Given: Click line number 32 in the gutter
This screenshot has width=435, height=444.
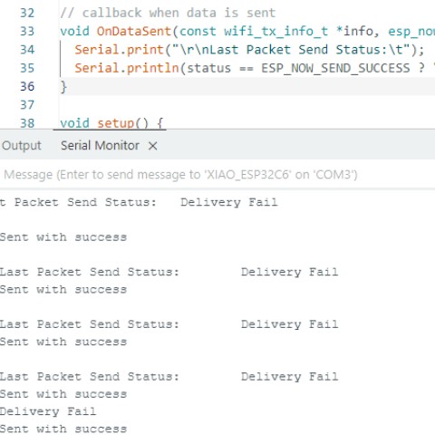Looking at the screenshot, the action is click(x=27, y=13).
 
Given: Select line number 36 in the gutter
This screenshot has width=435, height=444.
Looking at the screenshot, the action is click(x=27, y=86).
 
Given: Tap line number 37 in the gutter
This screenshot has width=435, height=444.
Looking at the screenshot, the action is click(x=27, y=105).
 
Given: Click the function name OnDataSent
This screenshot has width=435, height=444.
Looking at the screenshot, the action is click(x=134, y=32).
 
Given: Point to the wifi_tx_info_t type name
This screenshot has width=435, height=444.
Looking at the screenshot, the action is click(x=275, y=32).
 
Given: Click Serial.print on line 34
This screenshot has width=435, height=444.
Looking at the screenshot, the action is click(x=119, y=50).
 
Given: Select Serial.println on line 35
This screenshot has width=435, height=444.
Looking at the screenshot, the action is click(x=127, y=68).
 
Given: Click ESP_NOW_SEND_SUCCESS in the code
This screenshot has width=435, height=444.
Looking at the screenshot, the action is click(x=335, y=69).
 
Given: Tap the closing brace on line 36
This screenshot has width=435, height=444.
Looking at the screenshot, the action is click(x=63, y=87).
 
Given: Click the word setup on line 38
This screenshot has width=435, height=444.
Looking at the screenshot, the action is click(x=115, y=123).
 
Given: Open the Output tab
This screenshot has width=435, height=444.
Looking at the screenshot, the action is click(x=22, y=146).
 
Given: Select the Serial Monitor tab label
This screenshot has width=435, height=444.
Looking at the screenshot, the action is click(x=100, y=146).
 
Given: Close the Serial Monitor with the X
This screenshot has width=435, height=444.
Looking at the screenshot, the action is click(x=153, y=146).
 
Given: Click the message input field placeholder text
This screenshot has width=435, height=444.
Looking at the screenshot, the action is click(x=180, y=175).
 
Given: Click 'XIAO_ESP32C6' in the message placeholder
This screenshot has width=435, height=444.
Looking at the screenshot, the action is click(x=247, y=175).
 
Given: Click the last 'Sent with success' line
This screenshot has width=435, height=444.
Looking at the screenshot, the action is click(x=63, y=429).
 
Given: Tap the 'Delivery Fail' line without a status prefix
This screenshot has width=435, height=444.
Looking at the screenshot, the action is click(x=48, y=411).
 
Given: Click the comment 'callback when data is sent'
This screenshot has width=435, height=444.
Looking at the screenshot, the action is click(x=179, y=13).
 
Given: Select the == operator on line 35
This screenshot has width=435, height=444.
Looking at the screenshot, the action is click(x=246, y=69).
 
